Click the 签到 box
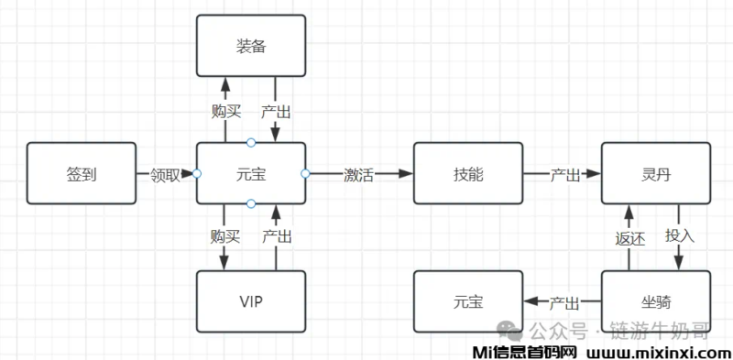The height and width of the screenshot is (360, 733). pos(82,173)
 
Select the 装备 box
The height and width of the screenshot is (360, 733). pos(251,44)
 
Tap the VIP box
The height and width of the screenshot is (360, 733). pos(251,301)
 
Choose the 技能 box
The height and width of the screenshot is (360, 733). pos(467,173)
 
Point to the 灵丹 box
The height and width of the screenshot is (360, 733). pos(655,173)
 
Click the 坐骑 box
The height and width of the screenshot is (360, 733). pos(655,301)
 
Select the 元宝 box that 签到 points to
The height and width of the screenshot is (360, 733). pos(251,173)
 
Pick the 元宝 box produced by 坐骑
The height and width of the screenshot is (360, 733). pos(467,301)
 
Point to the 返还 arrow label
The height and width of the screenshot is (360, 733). pos(629,237)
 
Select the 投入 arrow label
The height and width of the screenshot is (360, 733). pos(680,235)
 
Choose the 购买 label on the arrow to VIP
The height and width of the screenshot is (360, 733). pos(224,236)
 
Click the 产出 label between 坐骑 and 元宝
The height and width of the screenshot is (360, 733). pos(565,301)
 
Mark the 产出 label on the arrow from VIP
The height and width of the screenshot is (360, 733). pos(277,236)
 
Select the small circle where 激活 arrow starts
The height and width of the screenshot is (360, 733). pos(305,173)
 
